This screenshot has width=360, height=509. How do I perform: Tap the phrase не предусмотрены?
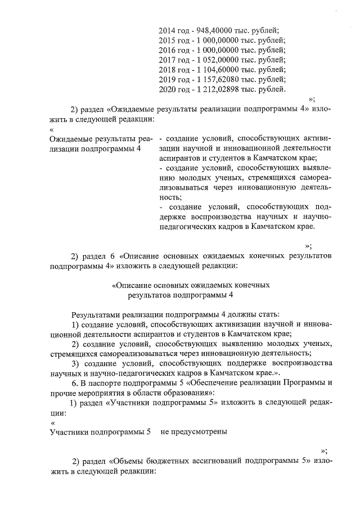193,432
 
